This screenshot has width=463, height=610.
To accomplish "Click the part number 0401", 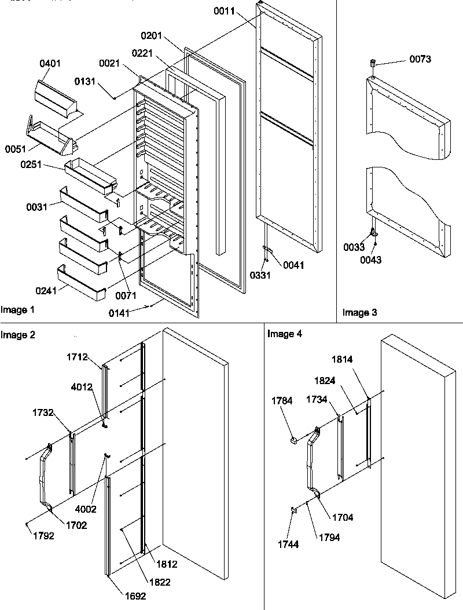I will pos(50,63).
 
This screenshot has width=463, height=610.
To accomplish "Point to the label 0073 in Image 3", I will pos(420,59).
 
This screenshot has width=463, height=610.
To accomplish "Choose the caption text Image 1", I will pos(18,310).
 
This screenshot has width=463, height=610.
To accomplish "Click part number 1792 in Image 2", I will pos(43,536).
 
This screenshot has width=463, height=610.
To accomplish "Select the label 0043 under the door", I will pos(370,260).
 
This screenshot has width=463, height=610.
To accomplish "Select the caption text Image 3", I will pos(360,313).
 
